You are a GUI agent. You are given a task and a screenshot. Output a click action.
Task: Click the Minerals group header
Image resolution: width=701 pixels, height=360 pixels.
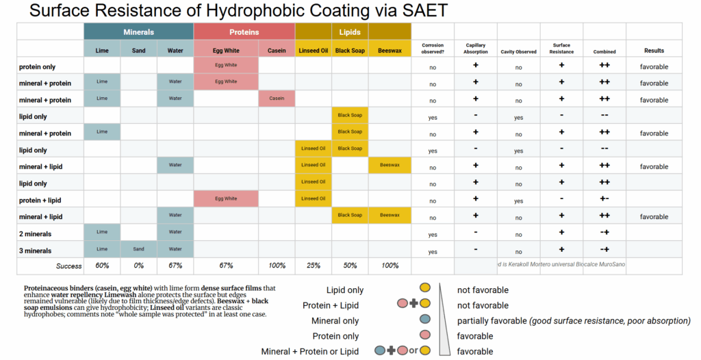[x=138, y=31]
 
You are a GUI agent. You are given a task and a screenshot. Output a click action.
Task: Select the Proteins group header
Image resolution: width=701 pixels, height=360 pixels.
[x=244, y=31]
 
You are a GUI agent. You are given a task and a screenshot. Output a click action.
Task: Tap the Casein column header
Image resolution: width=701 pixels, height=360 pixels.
[x=277, y=50]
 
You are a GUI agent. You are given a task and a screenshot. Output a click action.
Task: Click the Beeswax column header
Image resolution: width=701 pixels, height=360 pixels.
[x=389, y=50]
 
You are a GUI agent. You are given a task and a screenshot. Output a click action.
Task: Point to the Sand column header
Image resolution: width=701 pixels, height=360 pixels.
[x=138, y=50]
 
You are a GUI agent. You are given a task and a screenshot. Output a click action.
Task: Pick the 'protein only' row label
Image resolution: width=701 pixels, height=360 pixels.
[x=38, y=66]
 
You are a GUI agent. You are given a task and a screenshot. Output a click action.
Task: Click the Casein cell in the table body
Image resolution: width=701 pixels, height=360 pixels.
[x=277, y=99]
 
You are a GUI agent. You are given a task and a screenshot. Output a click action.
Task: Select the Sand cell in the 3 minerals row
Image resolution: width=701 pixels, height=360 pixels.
[x=138, y=249]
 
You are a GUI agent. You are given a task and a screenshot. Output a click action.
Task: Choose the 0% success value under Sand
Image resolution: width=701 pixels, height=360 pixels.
[x=138, y=266]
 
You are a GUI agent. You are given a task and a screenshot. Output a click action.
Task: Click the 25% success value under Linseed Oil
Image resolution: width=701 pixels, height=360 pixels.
[x=314, y=266]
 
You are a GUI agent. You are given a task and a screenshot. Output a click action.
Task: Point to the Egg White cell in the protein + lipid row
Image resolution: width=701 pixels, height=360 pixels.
[x=226, y=198]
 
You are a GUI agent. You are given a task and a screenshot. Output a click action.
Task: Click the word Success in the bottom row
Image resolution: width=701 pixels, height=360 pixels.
[x=68, y=266]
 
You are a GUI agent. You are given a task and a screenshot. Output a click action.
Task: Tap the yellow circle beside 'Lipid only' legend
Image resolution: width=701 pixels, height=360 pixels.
[x=424, y=290]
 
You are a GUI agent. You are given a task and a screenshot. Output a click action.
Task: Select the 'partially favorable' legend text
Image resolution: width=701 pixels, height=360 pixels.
[x=492, y=321]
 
